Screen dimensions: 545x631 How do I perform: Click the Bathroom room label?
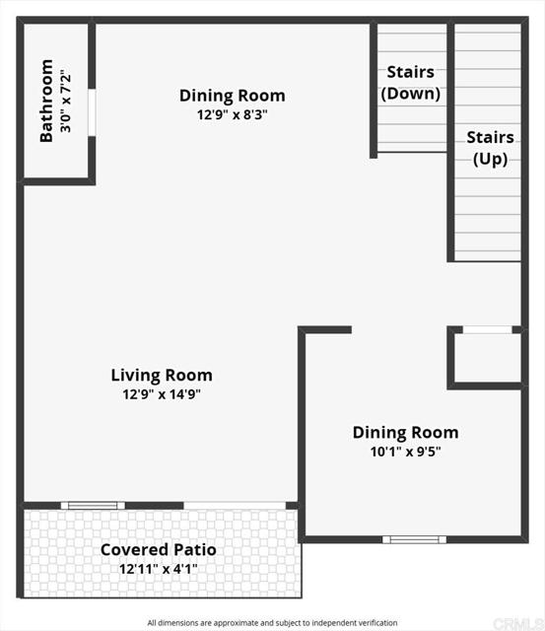click(x=46, y=101)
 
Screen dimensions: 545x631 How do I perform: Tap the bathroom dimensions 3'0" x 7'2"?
click(x=65, y=101)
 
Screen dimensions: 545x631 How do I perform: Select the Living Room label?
click(x=162, y=375)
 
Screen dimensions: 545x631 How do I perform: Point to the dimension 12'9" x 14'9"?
click(x=162, y=394)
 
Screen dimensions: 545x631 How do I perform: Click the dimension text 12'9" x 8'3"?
click(x=232, y=114)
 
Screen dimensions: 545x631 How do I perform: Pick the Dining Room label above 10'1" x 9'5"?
click(x=405, y=432)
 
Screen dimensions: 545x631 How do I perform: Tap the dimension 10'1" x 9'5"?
click(x=405, y=452)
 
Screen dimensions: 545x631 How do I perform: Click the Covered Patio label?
click(x=159, y=550)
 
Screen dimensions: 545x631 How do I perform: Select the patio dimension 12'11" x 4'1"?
click(x=159, y=569)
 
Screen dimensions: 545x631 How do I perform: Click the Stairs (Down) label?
click(x=411, y=83)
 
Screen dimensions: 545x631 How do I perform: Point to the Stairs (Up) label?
click(x=490, y=148)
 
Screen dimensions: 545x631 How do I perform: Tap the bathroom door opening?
click(x=92, y=112)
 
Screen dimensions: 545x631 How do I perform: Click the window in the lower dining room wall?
click(x=414, y=539)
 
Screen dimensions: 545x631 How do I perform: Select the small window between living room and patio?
click(x=93, y=506)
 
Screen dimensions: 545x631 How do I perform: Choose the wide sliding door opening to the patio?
click(x=235, y=506)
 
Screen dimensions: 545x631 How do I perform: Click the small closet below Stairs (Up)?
click(x=488, y=357)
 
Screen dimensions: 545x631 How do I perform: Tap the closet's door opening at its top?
click(x=488, y=329)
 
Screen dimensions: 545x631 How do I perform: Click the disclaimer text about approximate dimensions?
click(x=272, y=623)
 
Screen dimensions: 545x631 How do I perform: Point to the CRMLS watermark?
click(x=518, y=624)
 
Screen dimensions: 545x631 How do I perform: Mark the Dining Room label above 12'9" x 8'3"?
click(x=232, y=96)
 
